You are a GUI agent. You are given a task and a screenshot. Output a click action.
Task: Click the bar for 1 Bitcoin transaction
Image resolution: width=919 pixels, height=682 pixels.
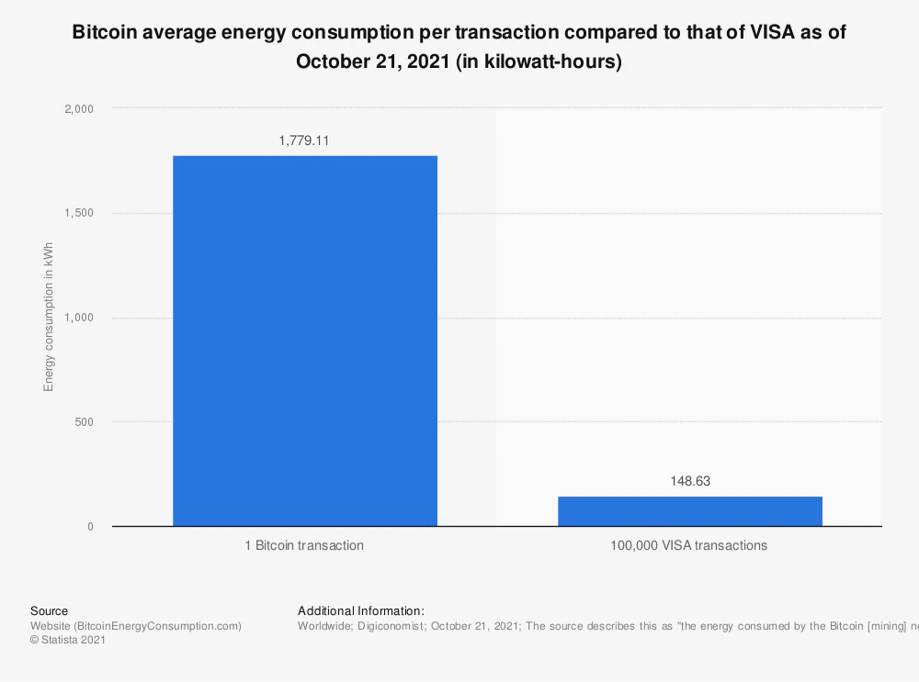tap(305, 341)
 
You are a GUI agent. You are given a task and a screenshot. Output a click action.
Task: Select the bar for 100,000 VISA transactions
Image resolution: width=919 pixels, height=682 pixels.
tap(689, 511)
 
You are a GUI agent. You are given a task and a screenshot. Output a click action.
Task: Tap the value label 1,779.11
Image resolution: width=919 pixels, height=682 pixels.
tap(304, 140)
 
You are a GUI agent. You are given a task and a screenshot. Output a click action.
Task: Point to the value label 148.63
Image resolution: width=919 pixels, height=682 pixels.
tap(689, 481)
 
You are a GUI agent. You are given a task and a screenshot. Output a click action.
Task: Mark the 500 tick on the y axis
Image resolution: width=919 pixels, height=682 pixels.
tap(84, 422)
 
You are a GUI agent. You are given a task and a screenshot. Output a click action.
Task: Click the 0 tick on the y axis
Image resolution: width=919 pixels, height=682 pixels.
tap(90, 527)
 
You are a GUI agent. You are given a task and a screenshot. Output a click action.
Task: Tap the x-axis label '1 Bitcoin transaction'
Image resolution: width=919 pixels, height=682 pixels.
tap(304, 545)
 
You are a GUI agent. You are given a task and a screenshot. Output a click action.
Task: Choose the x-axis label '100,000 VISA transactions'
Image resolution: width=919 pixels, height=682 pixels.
tap(689, 545)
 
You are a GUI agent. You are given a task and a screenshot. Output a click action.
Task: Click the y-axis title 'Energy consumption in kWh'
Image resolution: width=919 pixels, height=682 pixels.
tap(49, 317)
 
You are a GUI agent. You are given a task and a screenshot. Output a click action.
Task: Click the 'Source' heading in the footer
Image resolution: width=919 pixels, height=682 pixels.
tap(49, 610)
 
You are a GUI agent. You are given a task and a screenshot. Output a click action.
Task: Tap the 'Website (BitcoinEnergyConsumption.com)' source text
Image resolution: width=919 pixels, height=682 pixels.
tap(136, 626)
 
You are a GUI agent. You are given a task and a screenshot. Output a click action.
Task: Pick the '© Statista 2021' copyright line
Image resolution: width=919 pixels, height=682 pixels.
tap(68, 641)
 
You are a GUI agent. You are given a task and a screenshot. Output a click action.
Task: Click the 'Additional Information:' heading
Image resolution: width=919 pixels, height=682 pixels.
tap(361, 610)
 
